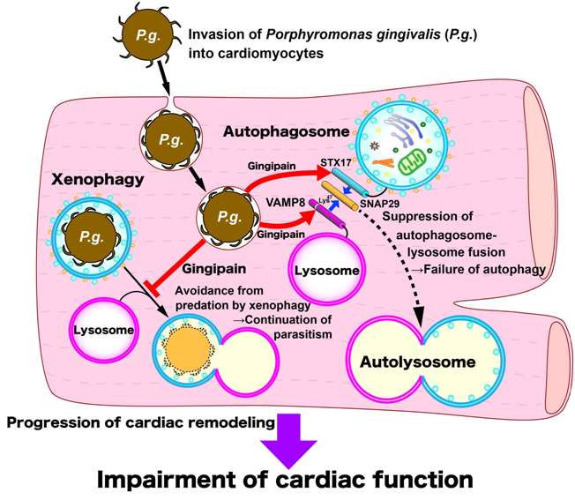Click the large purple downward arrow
point(288,440)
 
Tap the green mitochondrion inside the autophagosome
point(412,161)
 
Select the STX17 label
point(335,162)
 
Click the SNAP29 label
point(379,204)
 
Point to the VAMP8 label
point(286,202)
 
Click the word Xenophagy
point(98,180)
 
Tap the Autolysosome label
point(418,362)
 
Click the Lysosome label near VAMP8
point(326,271)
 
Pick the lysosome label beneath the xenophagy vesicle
point(103,330)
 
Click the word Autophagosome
point(286,131)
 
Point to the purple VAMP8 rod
point(326,213)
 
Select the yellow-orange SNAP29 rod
point(340,196)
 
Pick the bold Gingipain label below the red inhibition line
point(213,269)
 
